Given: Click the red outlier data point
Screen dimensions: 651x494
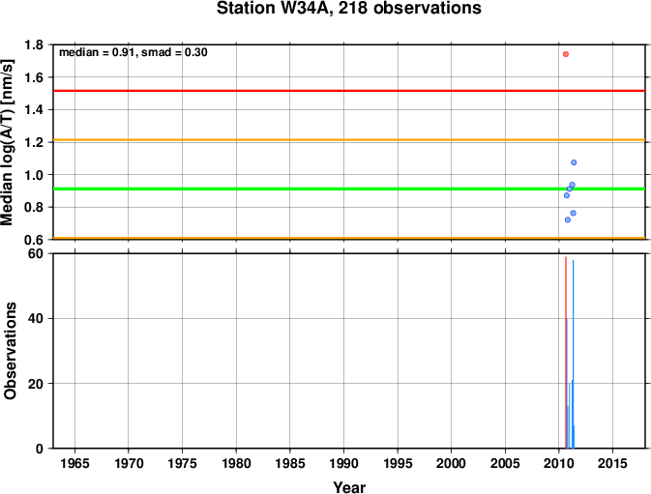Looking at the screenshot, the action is tap(566, 54).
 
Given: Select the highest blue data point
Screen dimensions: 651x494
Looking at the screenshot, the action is tap(574, 162).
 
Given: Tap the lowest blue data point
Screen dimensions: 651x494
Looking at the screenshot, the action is tap(568, 219).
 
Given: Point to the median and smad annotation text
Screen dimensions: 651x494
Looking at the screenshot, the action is tap(133, 52).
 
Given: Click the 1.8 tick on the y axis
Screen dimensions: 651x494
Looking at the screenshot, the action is tap(34, 44).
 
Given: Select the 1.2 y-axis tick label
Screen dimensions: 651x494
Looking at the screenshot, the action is tap(34, 142).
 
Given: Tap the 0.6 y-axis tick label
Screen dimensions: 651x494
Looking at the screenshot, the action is tap(34, 240).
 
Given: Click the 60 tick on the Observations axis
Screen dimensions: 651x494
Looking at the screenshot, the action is tap(36, 253).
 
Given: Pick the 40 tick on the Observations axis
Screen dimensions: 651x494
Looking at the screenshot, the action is tap(36, 319).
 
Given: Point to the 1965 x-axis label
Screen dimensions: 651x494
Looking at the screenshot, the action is tap(74, 463).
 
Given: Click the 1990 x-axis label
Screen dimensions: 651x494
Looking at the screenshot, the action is tap(343, 463).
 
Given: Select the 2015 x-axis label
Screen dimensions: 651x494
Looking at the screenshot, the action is tap(613, 463).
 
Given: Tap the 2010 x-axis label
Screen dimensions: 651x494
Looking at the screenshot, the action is tap(559, 463).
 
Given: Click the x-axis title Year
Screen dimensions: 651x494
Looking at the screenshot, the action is tap(349, 487).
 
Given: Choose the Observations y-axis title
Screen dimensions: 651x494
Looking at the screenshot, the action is tap(10, 351).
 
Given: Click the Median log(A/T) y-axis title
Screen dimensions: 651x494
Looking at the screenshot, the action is tap(8, 142).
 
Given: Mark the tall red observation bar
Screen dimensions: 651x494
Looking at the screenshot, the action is tap(566, 353).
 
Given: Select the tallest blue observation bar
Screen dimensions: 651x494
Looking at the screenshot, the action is tap(573, 354).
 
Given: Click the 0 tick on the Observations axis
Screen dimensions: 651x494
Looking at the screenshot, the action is tap(40, 449).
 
